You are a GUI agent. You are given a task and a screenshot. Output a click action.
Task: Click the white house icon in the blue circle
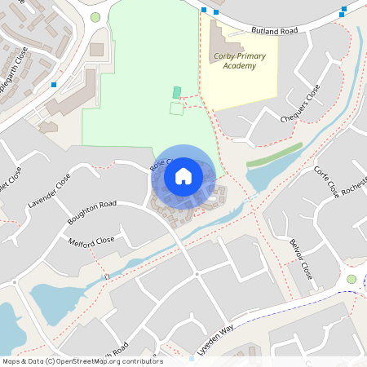tap(183, 175)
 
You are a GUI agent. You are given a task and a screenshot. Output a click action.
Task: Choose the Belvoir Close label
tap(301, 259)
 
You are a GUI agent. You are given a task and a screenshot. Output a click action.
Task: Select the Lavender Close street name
tap(49, 192)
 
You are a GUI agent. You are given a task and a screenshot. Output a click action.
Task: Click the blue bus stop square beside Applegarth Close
tap(54, 84)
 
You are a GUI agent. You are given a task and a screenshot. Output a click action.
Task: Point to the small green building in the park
tap(177, 93)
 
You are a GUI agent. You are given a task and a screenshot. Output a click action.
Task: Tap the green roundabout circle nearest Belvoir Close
tap(352, 279)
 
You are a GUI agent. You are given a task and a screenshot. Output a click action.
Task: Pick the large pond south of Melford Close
tap(61, 302)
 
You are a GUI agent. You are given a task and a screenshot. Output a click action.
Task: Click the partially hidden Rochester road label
tap(355, 187)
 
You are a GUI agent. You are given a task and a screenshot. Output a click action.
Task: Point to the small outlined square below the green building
tap(176, 108)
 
